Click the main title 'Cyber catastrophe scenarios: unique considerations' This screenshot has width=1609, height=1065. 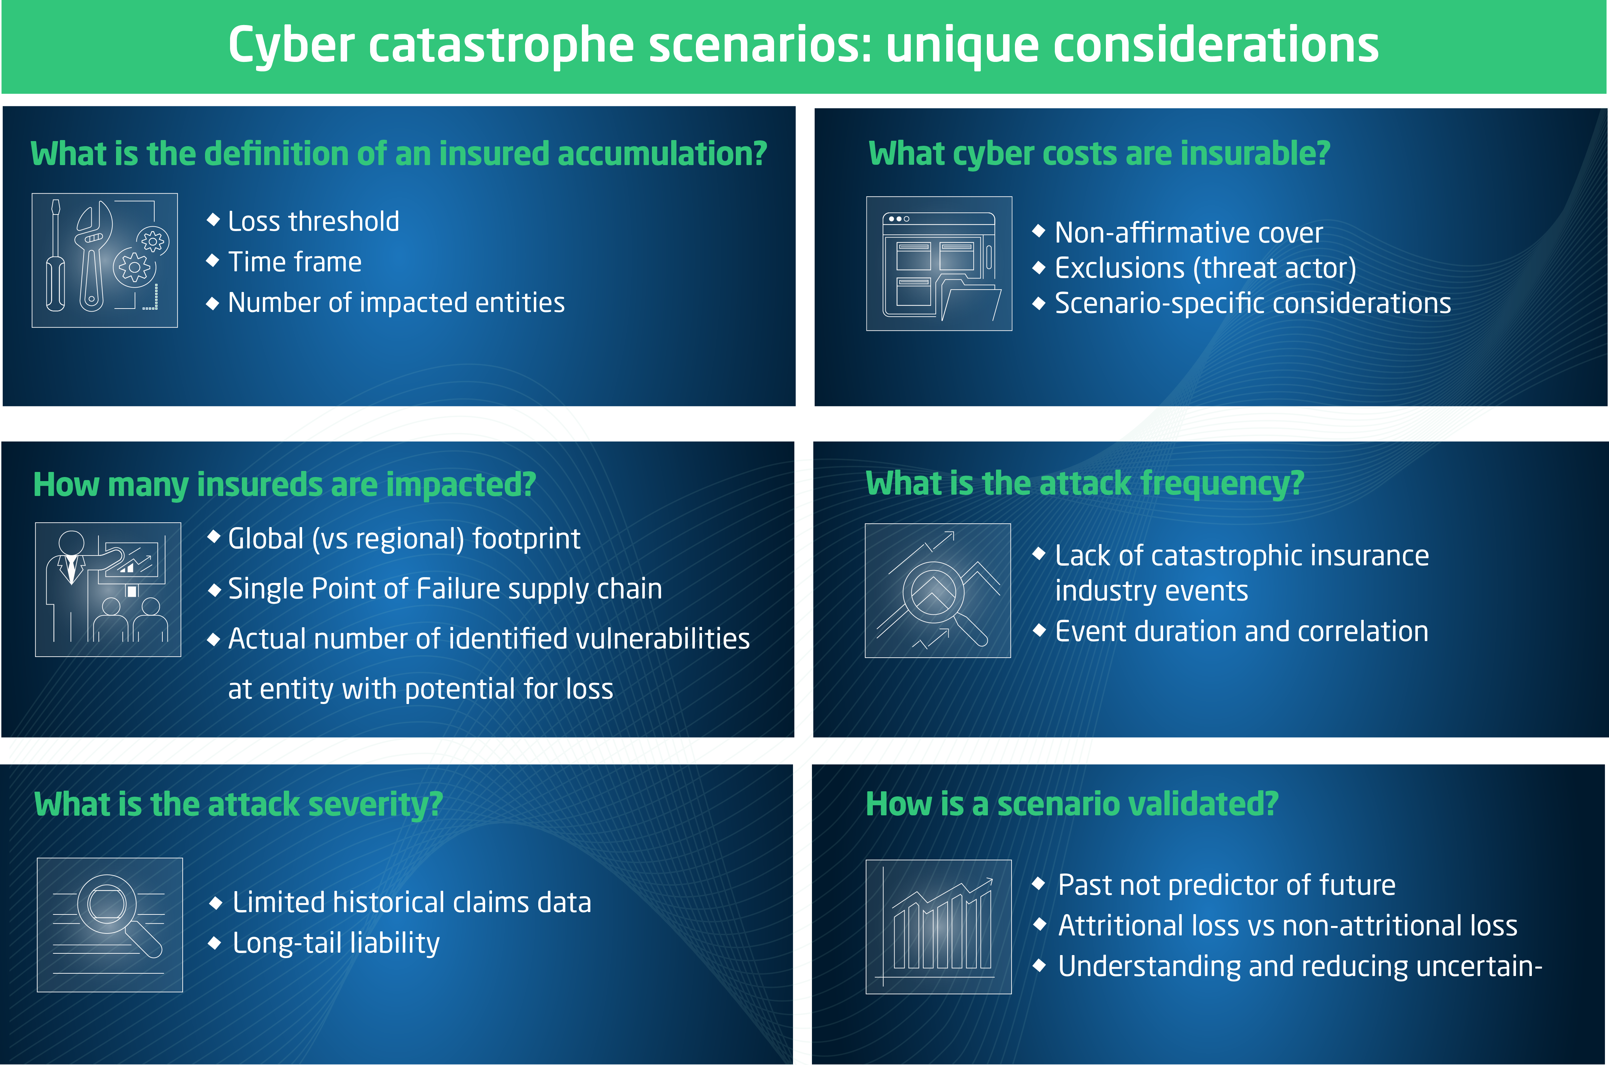[x=803, y=46]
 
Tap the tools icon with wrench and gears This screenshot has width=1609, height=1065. [x=105, y=260]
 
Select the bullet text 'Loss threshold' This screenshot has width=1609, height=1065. [x=314, y=221]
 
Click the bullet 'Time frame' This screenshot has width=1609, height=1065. [x=295, y=262]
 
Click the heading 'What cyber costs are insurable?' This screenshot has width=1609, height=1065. [x=1099, y=154]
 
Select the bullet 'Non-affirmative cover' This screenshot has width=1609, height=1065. [x=1188, y=233]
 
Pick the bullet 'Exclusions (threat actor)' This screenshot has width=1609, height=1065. [x=1205, y=268]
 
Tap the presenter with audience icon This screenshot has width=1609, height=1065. [x=108, y=590]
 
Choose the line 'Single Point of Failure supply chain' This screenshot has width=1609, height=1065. [x=445, y=589]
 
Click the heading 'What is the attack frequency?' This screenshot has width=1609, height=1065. [x=1085, y=483]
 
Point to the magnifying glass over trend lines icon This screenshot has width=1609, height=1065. [x=937, y=590]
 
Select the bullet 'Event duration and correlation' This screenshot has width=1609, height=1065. [x=1242, y=632]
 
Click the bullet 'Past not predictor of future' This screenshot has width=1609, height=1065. [x=1227, y=885]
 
